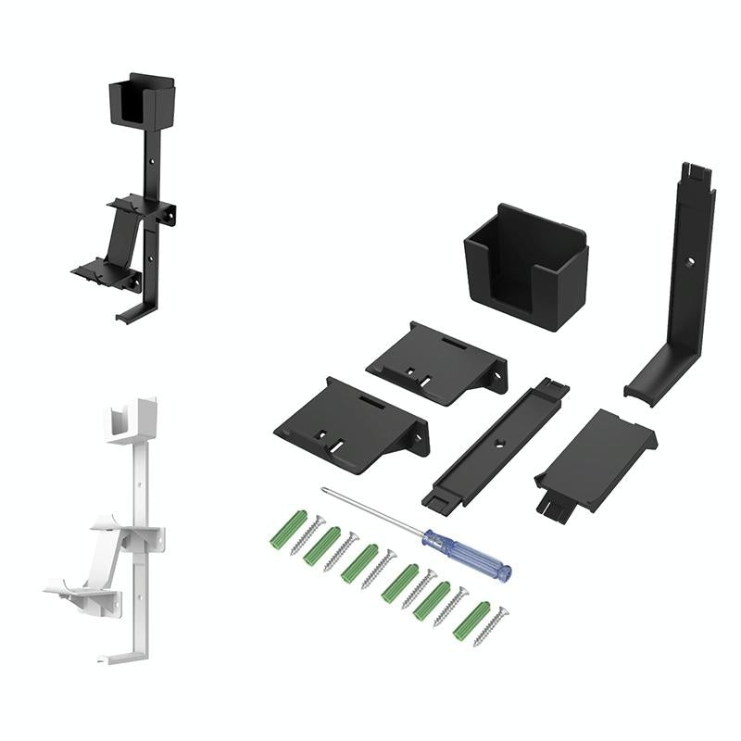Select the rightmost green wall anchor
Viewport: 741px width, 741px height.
pyautogui.click(x=471, y=620)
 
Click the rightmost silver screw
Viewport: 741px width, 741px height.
pyautogui.click(x=490, y=626)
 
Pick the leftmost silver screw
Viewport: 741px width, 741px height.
pyautogui.click(x=306, y=535)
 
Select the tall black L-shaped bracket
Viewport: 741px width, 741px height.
pyautogui.click(x=689, y=278)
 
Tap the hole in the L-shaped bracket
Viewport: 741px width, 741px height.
pyautogui.click(x=689, y=263)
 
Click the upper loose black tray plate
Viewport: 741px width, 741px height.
pyautogui.click(x=437, y=362)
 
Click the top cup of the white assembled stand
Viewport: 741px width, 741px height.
pyautogui.click(x=130, y=421)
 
